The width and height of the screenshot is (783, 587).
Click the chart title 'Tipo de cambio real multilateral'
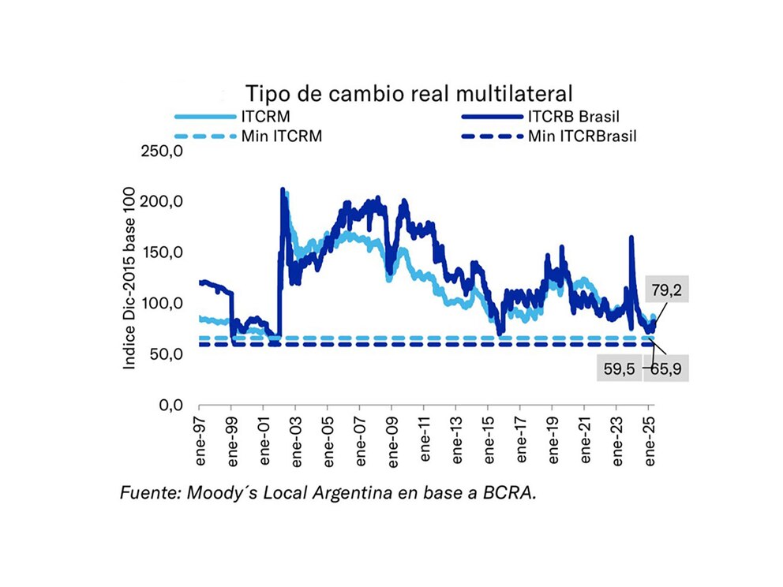(x=407, y=94)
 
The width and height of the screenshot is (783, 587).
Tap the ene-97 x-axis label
(x=200, y=439)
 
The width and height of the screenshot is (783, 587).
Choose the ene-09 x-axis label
(x=392, y=439)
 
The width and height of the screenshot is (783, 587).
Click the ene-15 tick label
(x=489, y=439)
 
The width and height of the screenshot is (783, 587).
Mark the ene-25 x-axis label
(x=649, y=439)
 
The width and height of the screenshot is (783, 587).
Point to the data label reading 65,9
(x=668, y=368)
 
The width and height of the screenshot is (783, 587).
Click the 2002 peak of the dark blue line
(x=283, y=190)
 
